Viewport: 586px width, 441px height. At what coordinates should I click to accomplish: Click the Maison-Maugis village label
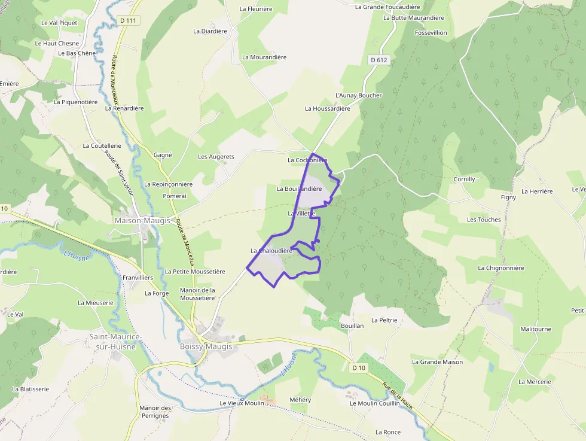pyautogui.click(x=142, y=220)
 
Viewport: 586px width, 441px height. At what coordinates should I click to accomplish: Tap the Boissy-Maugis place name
pyautogui.click(x=206, y=346)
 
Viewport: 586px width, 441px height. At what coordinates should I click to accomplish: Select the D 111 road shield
pyautogui.click(x=128, y=20)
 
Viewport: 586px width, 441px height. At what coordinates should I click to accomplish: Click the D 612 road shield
pyautogui.click(x=379, y=60)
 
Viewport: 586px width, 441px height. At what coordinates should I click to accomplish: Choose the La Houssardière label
pyautogui.click(x=327, y=108)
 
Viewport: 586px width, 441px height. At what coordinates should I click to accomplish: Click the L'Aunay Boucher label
pyautogui.click(x=358, y=95)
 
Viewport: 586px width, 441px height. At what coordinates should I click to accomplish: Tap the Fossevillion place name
pyautogui.click(x=431, y=33)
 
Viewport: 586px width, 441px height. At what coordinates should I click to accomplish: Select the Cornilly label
pyautogui.click(x=464, y=179)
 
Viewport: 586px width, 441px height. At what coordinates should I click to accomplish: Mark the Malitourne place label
pyautogui.click(x=536, y=329)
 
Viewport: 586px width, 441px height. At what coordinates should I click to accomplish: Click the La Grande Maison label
pyautogui.click(x=437, y=362)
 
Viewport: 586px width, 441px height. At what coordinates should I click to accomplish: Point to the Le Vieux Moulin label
pyautogui.click(x=242, y=403)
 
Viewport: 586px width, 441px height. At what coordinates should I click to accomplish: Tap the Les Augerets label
pyautogui.click(x=216, y=157)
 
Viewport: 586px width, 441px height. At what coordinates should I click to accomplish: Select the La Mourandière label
pyautogui.click(x=264, y=57)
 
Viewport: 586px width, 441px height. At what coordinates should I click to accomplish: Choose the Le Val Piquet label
pyautogui.click(x=59, y=23)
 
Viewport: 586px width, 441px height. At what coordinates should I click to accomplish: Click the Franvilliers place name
pyautogui.click(x=138, y=278)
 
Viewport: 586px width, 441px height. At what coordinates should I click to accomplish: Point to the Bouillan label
pyautogui.click(x=352, y=326)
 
